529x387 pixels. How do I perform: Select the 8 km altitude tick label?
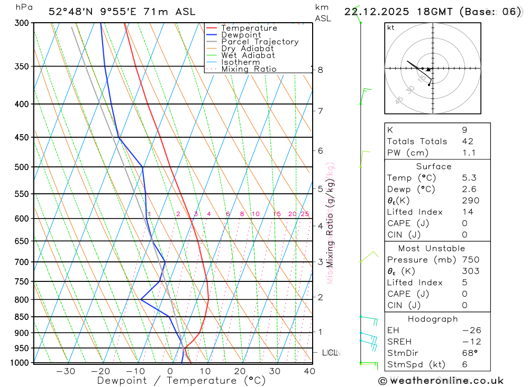pyautogui.click(x=320, y=70)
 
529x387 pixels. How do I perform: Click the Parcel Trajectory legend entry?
pyautogui.click(x=260, y=42)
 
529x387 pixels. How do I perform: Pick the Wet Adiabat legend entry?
pyautogui.click(x=248, y=55)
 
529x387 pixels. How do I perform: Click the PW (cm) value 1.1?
pyautogui.click(x=469, y=153)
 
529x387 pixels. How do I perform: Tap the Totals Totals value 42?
pyautogui.click(x=467, y=141)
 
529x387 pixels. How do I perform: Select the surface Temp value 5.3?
pyautogui.click(x=469, y=178)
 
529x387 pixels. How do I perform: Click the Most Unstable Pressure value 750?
pyautogui.click(x=470, y=260)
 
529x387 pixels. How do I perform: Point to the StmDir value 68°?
pyautogui.click(x=469, y=353)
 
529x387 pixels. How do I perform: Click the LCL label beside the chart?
pyautogui.click(x=330, y=352)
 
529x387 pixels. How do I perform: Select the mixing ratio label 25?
pyautogui.click(x=305, y=214)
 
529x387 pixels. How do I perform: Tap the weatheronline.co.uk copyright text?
pyautogui.click(x=441, y=380)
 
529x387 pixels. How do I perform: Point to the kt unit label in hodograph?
pyautogui.click(x=391, y=28)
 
